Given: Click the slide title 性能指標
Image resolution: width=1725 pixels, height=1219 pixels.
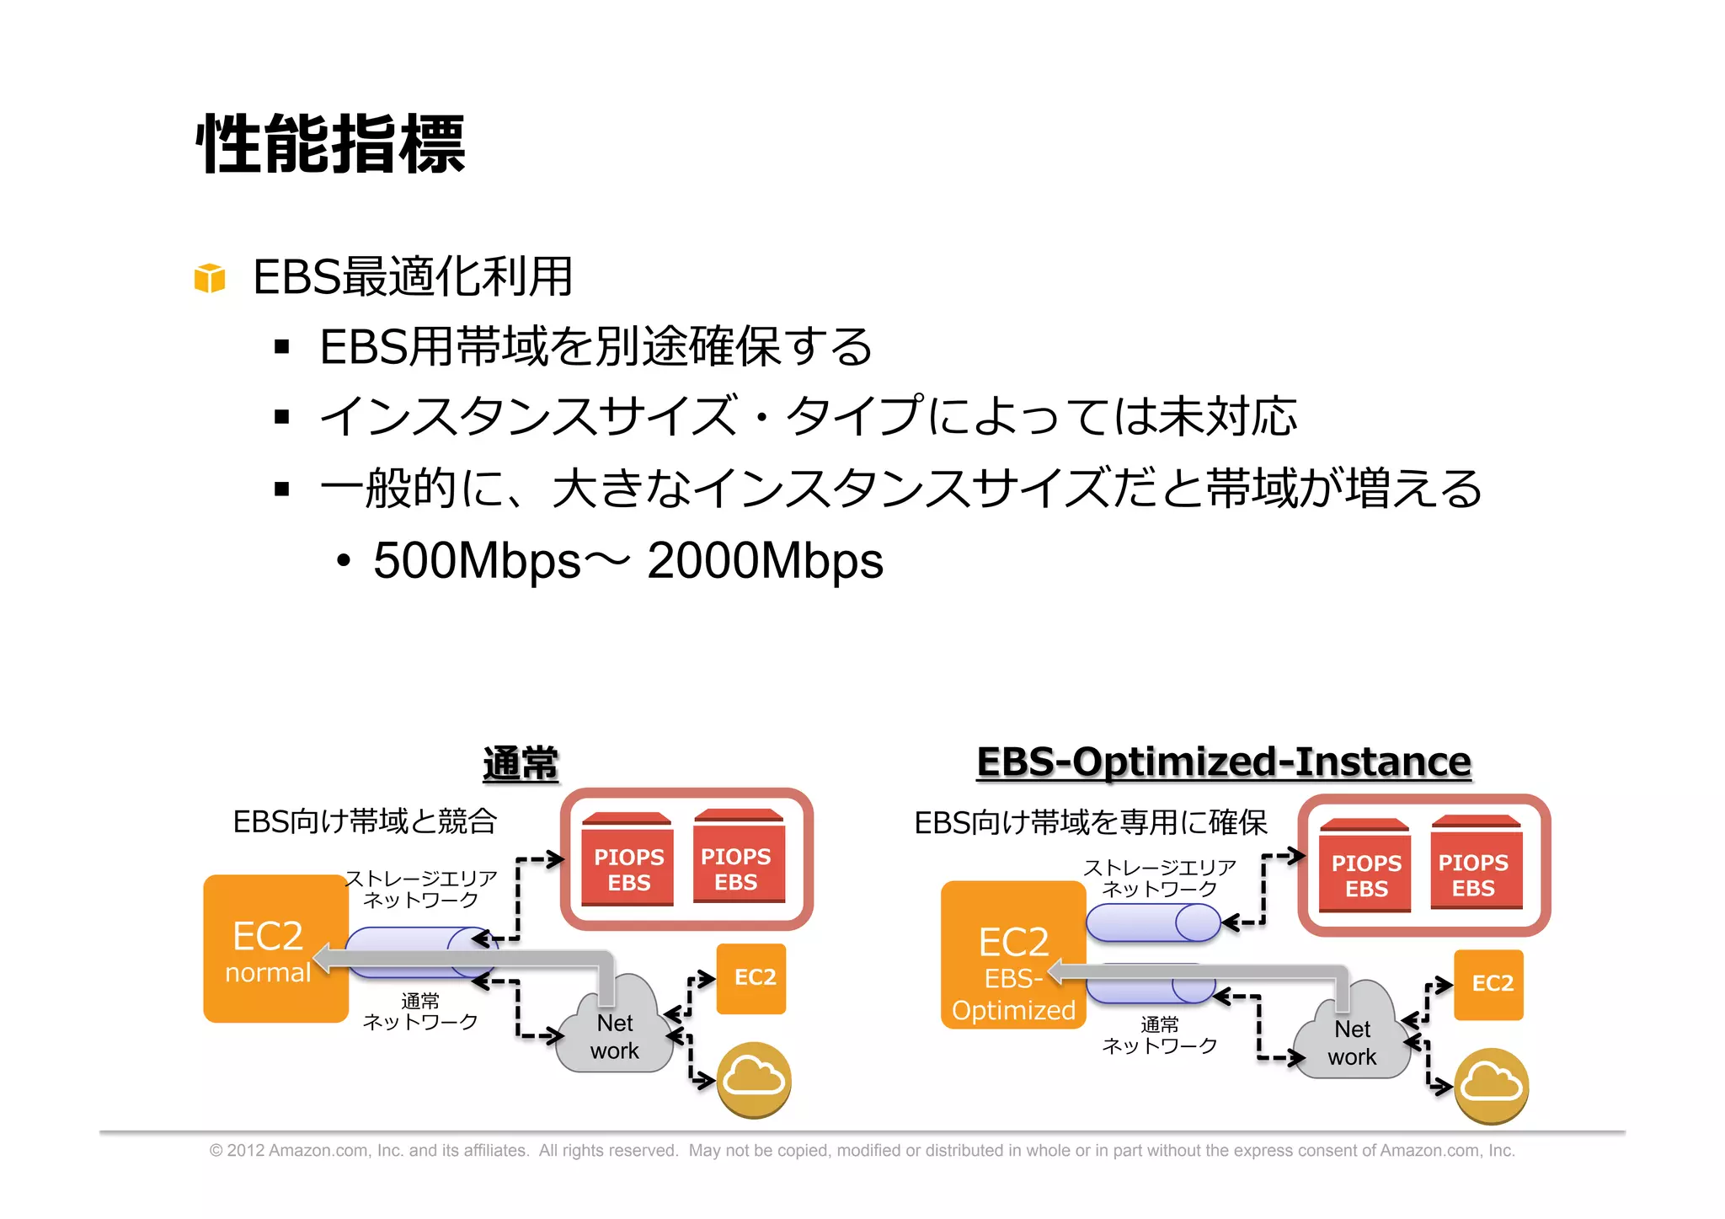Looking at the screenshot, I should [330, 145].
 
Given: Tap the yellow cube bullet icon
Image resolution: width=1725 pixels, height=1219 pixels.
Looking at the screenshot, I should [210, 277].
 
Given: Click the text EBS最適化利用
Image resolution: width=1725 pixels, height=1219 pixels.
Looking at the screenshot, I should [413, 277].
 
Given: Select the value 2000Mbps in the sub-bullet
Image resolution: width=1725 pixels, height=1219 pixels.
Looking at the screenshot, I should [765, 561].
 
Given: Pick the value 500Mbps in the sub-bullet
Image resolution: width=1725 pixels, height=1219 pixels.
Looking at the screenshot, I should [477, 561].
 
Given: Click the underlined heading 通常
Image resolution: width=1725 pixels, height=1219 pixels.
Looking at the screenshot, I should [521, 764].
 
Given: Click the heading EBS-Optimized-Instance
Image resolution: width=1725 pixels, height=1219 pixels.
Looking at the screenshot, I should [1223, 762].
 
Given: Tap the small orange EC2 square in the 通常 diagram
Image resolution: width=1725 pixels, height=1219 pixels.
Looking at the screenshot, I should [752, 977].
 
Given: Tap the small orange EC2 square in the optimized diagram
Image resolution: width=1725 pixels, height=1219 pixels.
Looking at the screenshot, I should [1489, 984].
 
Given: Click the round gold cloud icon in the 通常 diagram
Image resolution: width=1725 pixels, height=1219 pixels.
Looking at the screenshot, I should [754, 1079].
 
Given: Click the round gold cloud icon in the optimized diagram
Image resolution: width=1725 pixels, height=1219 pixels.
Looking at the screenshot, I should [1492, 1085].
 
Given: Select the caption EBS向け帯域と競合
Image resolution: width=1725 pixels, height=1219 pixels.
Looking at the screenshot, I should [365, 821].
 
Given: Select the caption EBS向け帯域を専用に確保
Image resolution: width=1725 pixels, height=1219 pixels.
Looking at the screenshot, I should [1091, 823].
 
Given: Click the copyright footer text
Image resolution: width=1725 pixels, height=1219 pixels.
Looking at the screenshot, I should [862, 1151].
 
